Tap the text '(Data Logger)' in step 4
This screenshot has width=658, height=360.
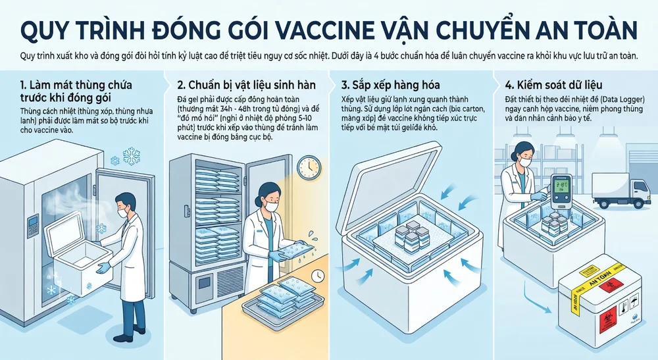click(619, 98)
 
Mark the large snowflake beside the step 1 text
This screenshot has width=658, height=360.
click(134, 156)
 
